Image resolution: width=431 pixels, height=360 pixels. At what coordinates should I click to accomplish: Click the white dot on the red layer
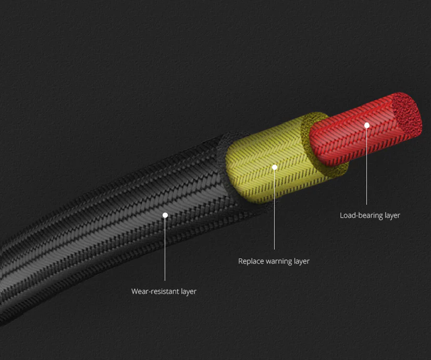click(367, 126)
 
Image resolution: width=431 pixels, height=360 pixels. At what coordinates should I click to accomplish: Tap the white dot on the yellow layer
click(274, 167)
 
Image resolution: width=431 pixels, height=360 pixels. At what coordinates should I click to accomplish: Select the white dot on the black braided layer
click(165, 215)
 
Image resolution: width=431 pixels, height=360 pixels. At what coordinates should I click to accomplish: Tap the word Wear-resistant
click(155, 291)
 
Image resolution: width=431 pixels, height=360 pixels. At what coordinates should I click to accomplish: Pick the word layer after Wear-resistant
click(189, 292)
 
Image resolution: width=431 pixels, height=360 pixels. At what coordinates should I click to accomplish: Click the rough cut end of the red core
click(407, 115)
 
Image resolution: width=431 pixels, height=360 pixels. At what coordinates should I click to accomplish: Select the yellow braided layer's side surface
click(269, 162)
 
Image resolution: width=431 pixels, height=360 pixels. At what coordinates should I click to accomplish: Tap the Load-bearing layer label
click(370, 216)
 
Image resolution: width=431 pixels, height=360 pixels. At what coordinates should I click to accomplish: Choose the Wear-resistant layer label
click(164, 292)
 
